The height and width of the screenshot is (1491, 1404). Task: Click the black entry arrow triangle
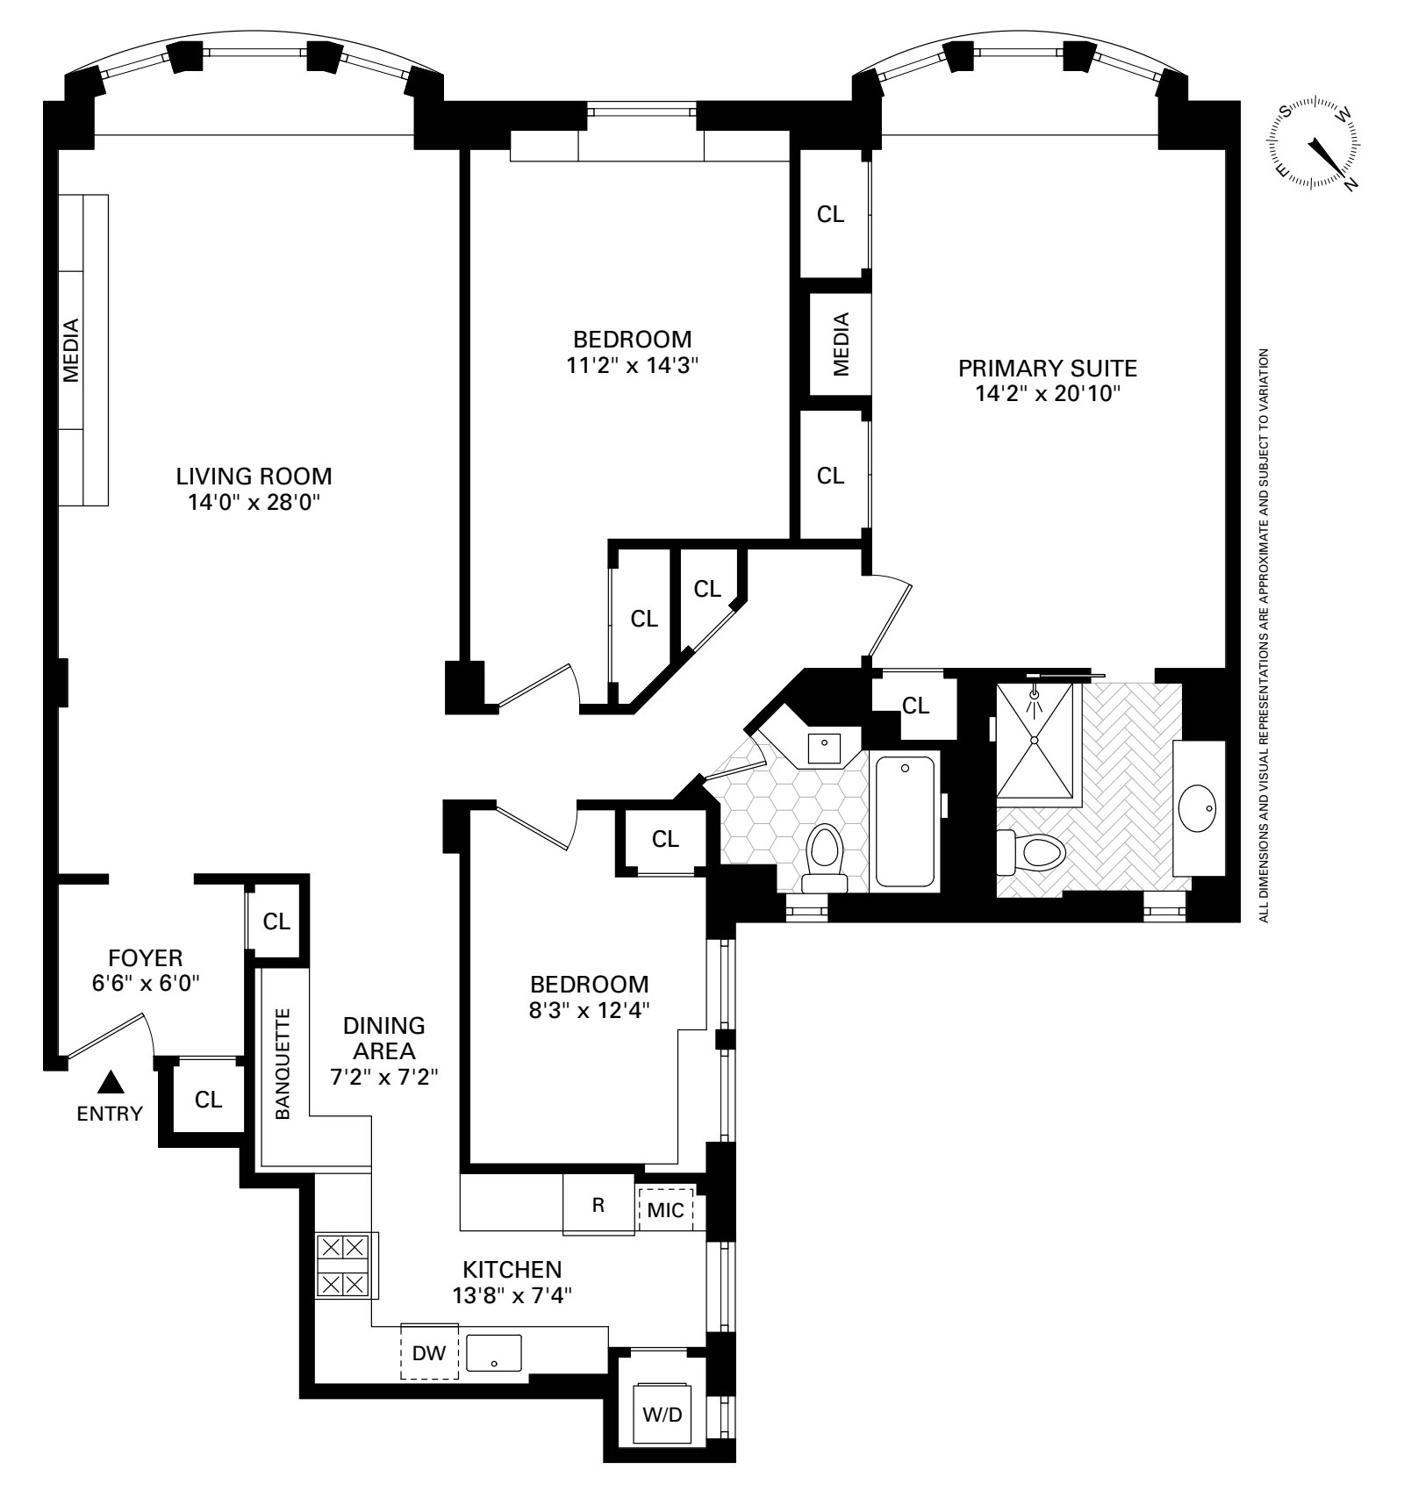110,1082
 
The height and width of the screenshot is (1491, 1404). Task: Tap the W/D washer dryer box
662,1415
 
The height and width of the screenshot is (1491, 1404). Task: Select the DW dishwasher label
429,1352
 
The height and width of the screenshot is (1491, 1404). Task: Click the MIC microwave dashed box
665,1210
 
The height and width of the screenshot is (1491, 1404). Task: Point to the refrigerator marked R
598,1205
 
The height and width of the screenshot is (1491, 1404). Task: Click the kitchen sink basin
493,1352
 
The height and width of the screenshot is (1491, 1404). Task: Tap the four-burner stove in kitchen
342,1265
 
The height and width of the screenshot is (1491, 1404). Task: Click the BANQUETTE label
283,1064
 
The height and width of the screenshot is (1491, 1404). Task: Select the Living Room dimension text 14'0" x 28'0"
254,502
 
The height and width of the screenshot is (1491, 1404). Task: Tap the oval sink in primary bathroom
1197,807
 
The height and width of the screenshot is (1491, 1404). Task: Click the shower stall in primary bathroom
1035,740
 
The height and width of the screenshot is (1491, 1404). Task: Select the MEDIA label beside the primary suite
841,344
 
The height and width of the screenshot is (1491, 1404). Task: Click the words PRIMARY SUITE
1047,368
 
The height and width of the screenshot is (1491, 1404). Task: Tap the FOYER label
145,957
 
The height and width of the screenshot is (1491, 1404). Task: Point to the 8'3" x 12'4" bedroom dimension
589,1010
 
